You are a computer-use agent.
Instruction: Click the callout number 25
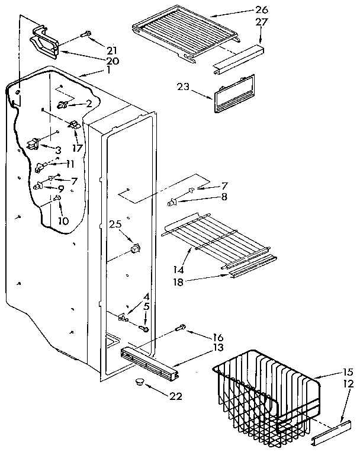115,225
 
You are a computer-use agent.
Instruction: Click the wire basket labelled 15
266,391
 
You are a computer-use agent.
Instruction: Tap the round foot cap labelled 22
140,381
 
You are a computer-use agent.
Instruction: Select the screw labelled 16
181,328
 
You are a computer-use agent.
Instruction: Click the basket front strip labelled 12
329,428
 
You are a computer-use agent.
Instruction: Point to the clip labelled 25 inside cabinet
136,249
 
